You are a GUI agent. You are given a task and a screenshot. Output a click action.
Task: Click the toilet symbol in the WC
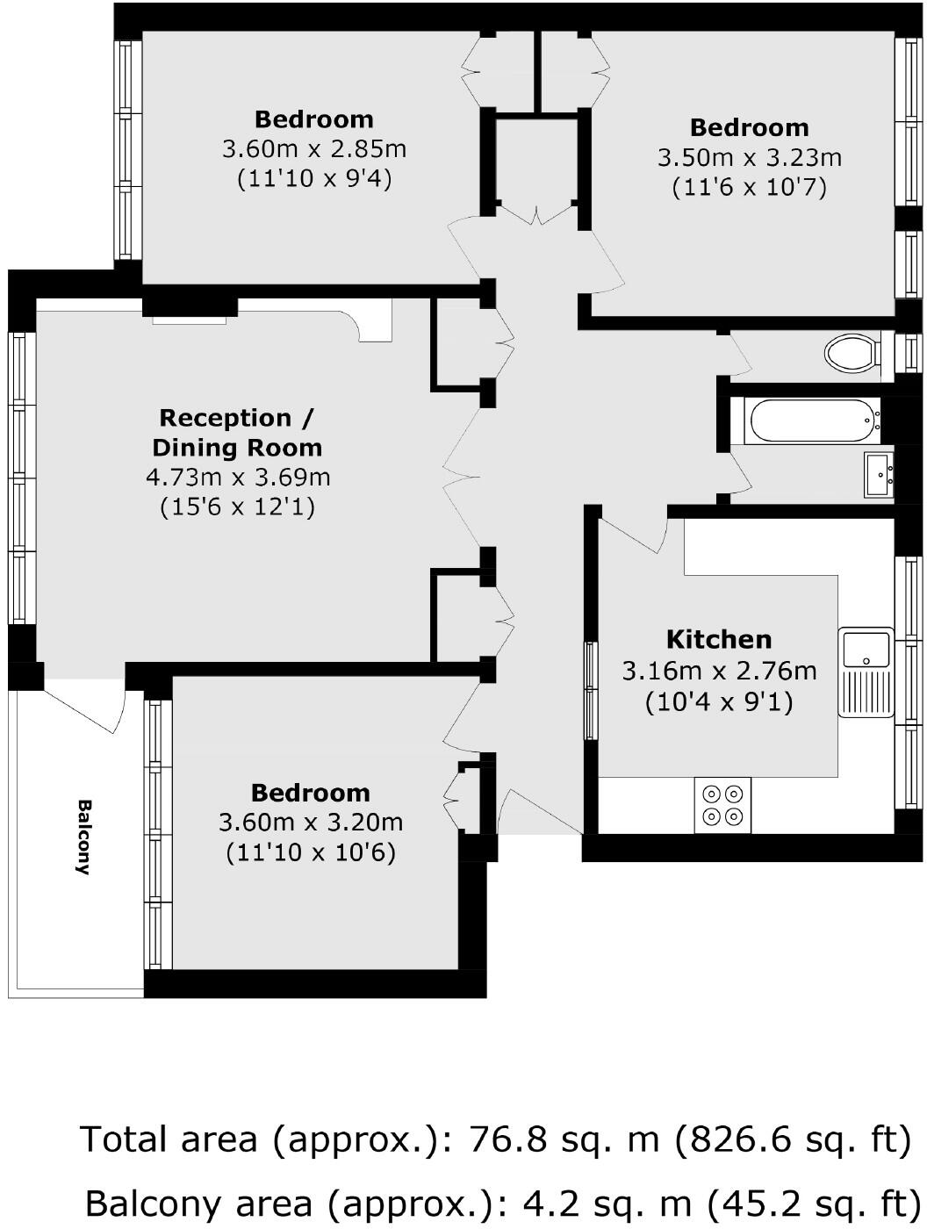click(x=852, y=354)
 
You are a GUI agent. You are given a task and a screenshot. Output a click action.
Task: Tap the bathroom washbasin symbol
click(x=879, y=475)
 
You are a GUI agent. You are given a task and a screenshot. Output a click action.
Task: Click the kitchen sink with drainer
click(x=866, y=671)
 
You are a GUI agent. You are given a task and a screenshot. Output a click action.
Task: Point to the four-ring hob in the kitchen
click(x=722, y=805)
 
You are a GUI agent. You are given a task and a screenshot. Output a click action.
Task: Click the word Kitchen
click(x=719, y=639)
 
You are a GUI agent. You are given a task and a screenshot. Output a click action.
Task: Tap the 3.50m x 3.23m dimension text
click(x=749, y=158)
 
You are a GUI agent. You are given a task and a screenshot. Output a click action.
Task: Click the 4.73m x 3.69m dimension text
click(x=238, y=478)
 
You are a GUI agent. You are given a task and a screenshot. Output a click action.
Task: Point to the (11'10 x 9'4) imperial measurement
click(x=314, y=179)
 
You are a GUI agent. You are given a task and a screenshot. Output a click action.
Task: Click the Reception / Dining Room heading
click(x=237, y=433)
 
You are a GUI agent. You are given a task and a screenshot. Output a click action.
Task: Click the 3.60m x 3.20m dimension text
click(x=311, y=823)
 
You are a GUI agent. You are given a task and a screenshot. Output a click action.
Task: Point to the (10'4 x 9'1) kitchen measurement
click(x=719, y=702)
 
